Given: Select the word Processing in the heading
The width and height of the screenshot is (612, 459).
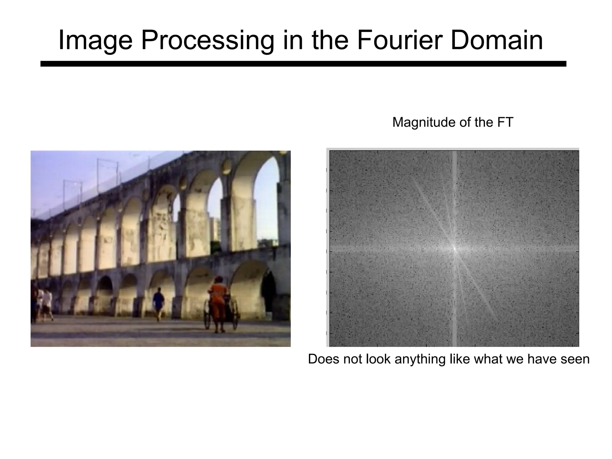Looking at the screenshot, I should pos(207,40).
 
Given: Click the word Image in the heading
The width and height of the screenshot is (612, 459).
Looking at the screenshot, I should pos(95,40).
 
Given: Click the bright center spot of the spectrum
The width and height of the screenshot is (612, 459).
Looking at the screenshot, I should pos(454,248).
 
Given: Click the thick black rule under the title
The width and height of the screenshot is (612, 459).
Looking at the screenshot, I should pos(303,64).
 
